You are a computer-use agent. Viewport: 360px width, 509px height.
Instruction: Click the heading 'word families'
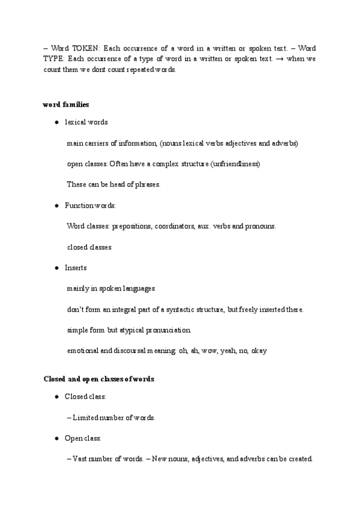66,104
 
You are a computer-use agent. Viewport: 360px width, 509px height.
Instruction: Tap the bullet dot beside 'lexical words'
56,122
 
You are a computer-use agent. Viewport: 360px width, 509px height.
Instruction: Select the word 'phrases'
148,184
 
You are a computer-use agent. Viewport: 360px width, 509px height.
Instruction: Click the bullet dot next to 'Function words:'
56,205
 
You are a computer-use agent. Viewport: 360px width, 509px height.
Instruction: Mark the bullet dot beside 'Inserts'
56,268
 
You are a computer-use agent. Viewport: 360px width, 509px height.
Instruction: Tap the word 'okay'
259,351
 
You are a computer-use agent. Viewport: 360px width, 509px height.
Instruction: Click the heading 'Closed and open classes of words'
99,379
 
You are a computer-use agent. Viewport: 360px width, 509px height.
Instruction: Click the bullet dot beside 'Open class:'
56,438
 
